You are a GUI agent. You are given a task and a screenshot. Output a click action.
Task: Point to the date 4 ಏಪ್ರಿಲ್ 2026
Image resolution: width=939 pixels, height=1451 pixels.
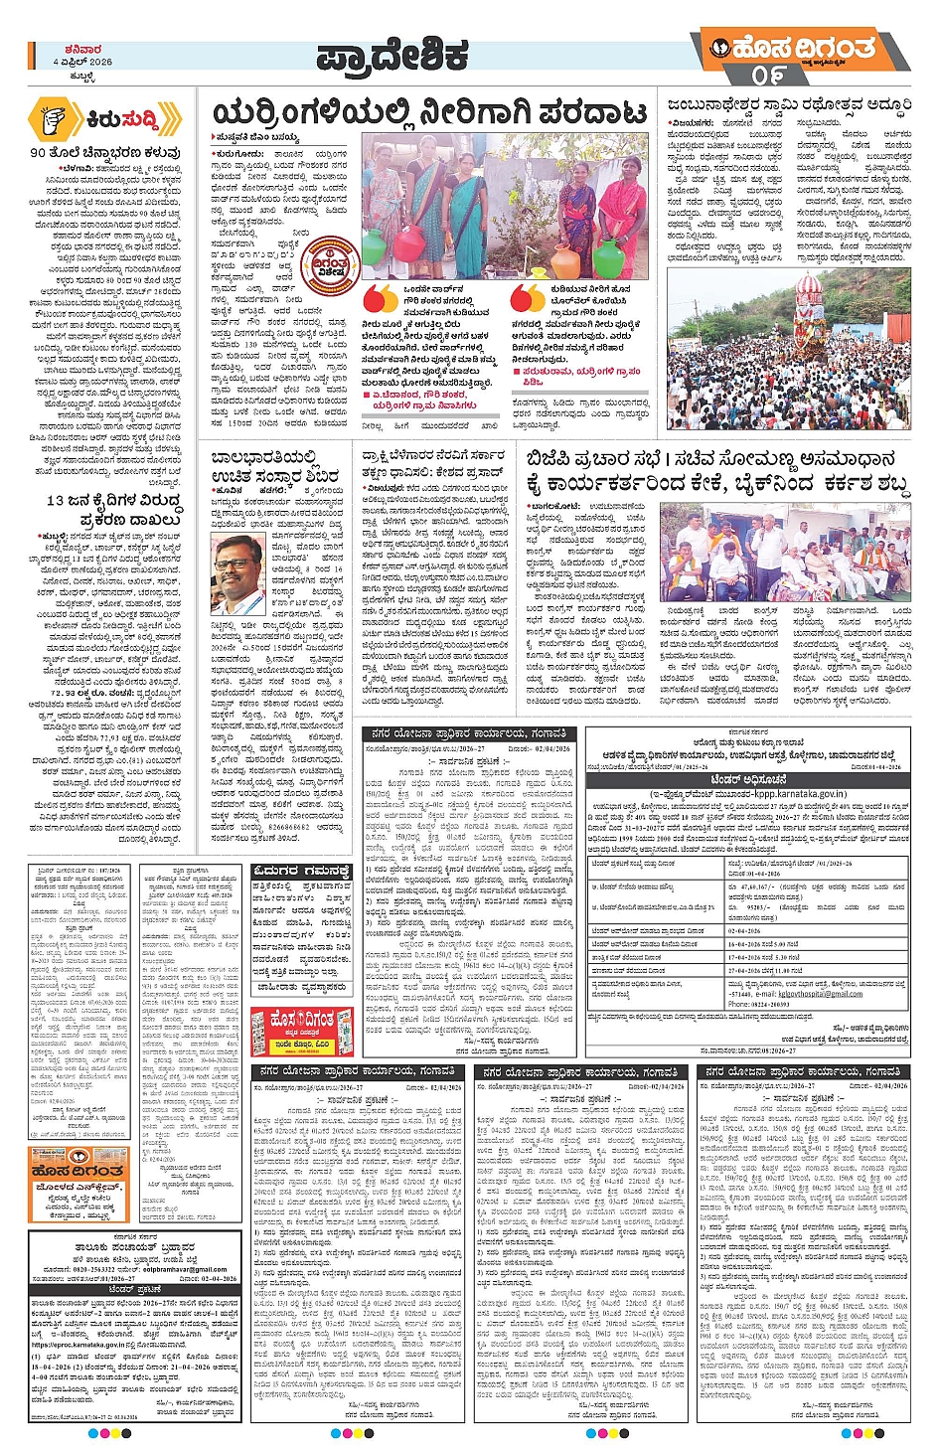[x=83, y=62]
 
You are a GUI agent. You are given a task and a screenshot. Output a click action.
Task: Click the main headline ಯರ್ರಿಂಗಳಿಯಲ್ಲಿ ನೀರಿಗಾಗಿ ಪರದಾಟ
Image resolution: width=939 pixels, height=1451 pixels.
[x=429, y=114]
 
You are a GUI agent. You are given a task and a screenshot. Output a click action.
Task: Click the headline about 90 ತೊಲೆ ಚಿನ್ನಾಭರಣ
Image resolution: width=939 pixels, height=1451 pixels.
[x=104, y=153]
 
